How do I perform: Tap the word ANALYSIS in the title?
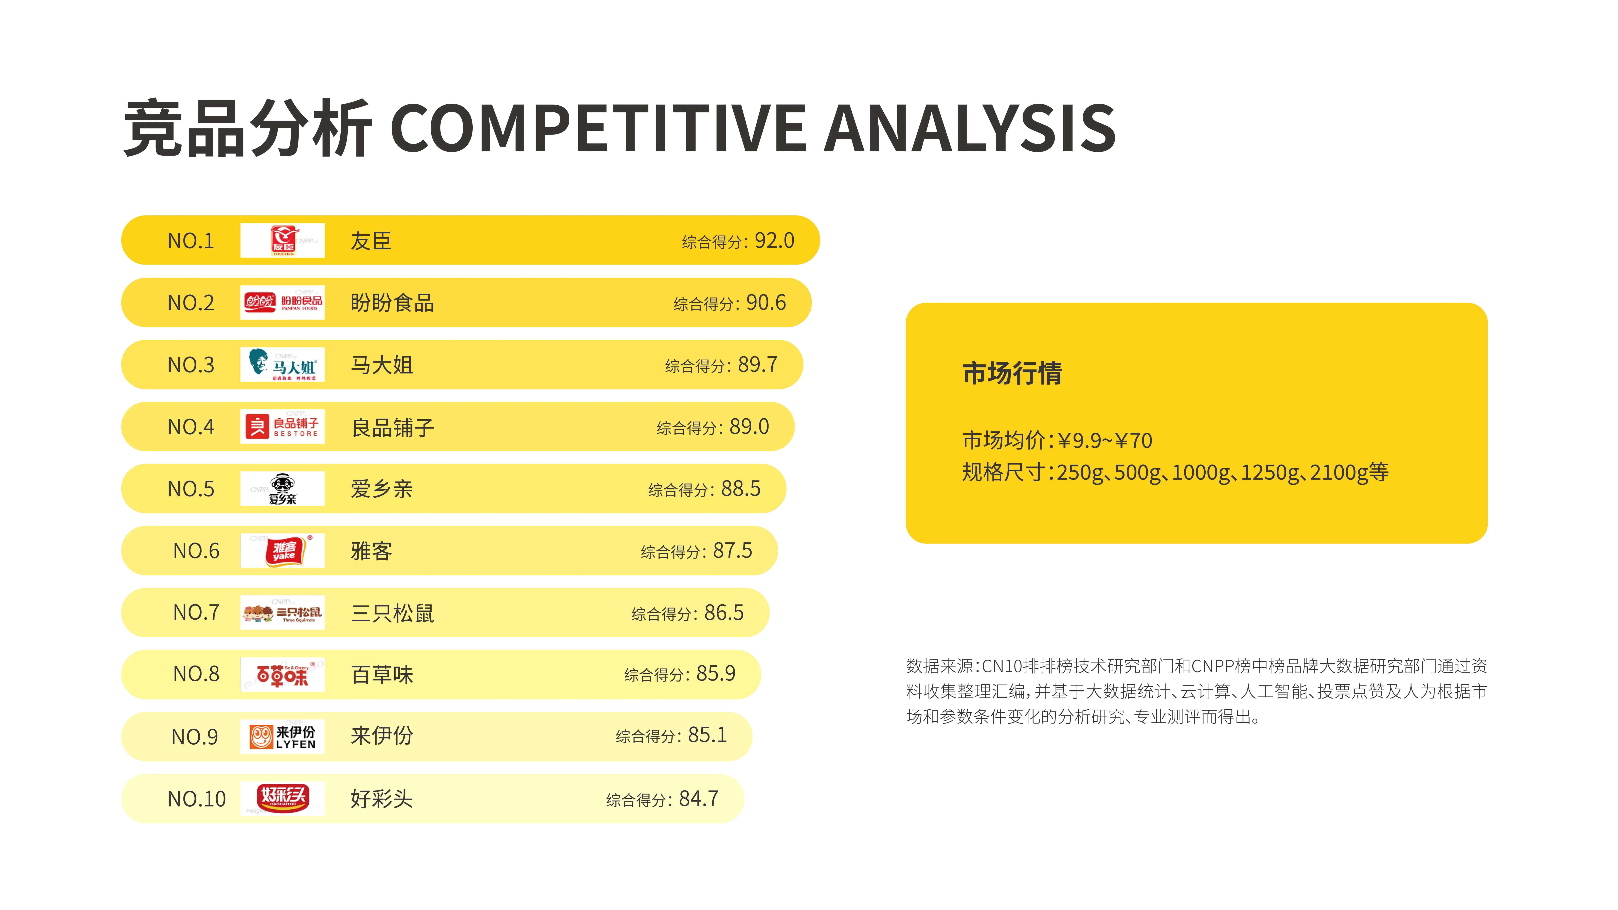[970, 129]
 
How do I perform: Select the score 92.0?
[774, 240]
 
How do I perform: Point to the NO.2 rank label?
[191, 303]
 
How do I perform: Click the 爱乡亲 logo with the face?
[283, 489]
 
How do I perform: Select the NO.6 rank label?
[196, 551]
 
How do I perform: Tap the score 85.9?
[716, 674]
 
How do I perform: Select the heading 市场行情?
[1012, 373]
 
